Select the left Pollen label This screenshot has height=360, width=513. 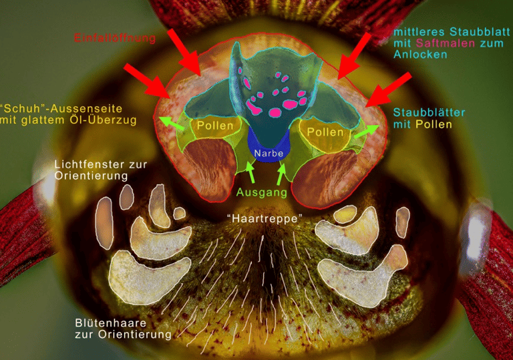[x=215, y=126]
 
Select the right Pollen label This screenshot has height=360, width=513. [x=325, y=132]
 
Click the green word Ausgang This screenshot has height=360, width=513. [x=262, y=193]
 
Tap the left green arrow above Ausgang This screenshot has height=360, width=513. [x=251, y=173]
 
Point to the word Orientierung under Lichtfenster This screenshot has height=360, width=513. [x=90, y=176]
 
